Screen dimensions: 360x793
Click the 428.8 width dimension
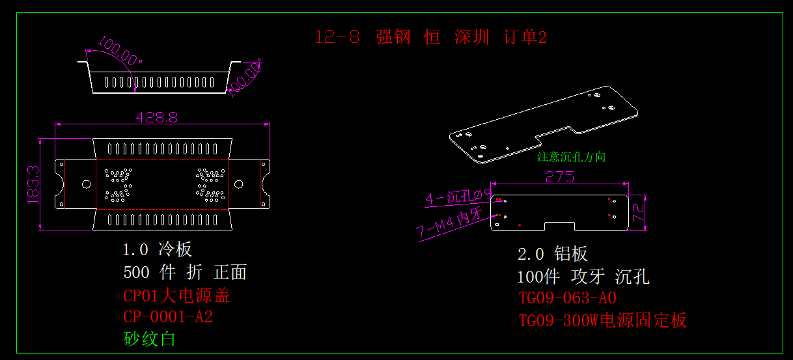(156, 117)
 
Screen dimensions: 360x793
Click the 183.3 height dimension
(34, 184)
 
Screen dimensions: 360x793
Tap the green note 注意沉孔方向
(571, 157)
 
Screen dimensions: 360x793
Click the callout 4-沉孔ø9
(458, 197)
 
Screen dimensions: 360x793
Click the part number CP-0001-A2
(168, 317)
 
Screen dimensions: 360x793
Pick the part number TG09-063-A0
(567, 298)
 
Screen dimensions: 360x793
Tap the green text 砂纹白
(150, 339)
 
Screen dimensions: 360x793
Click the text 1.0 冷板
(158, 249)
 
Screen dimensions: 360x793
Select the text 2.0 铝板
(553, 254)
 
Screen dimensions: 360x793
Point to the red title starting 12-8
(430, 37)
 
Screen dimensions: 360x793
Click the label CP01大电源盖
(176, 296)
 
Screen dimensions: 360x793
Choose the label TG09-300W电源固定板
(602, 320)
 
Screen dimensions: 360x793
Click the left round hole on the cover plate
(86, 184)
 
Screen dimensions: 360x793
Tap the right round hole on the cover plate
(239, 184)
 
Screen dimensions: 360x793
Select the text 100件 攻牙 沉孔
(583, 277)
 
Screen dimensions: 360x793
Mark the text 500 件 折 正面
(185, 272)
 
